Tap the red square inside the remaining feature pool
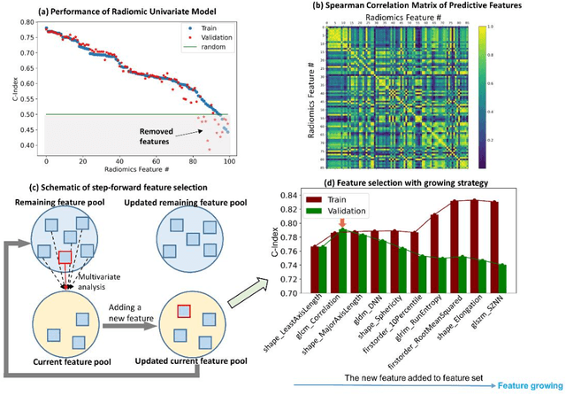point(65,259)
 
